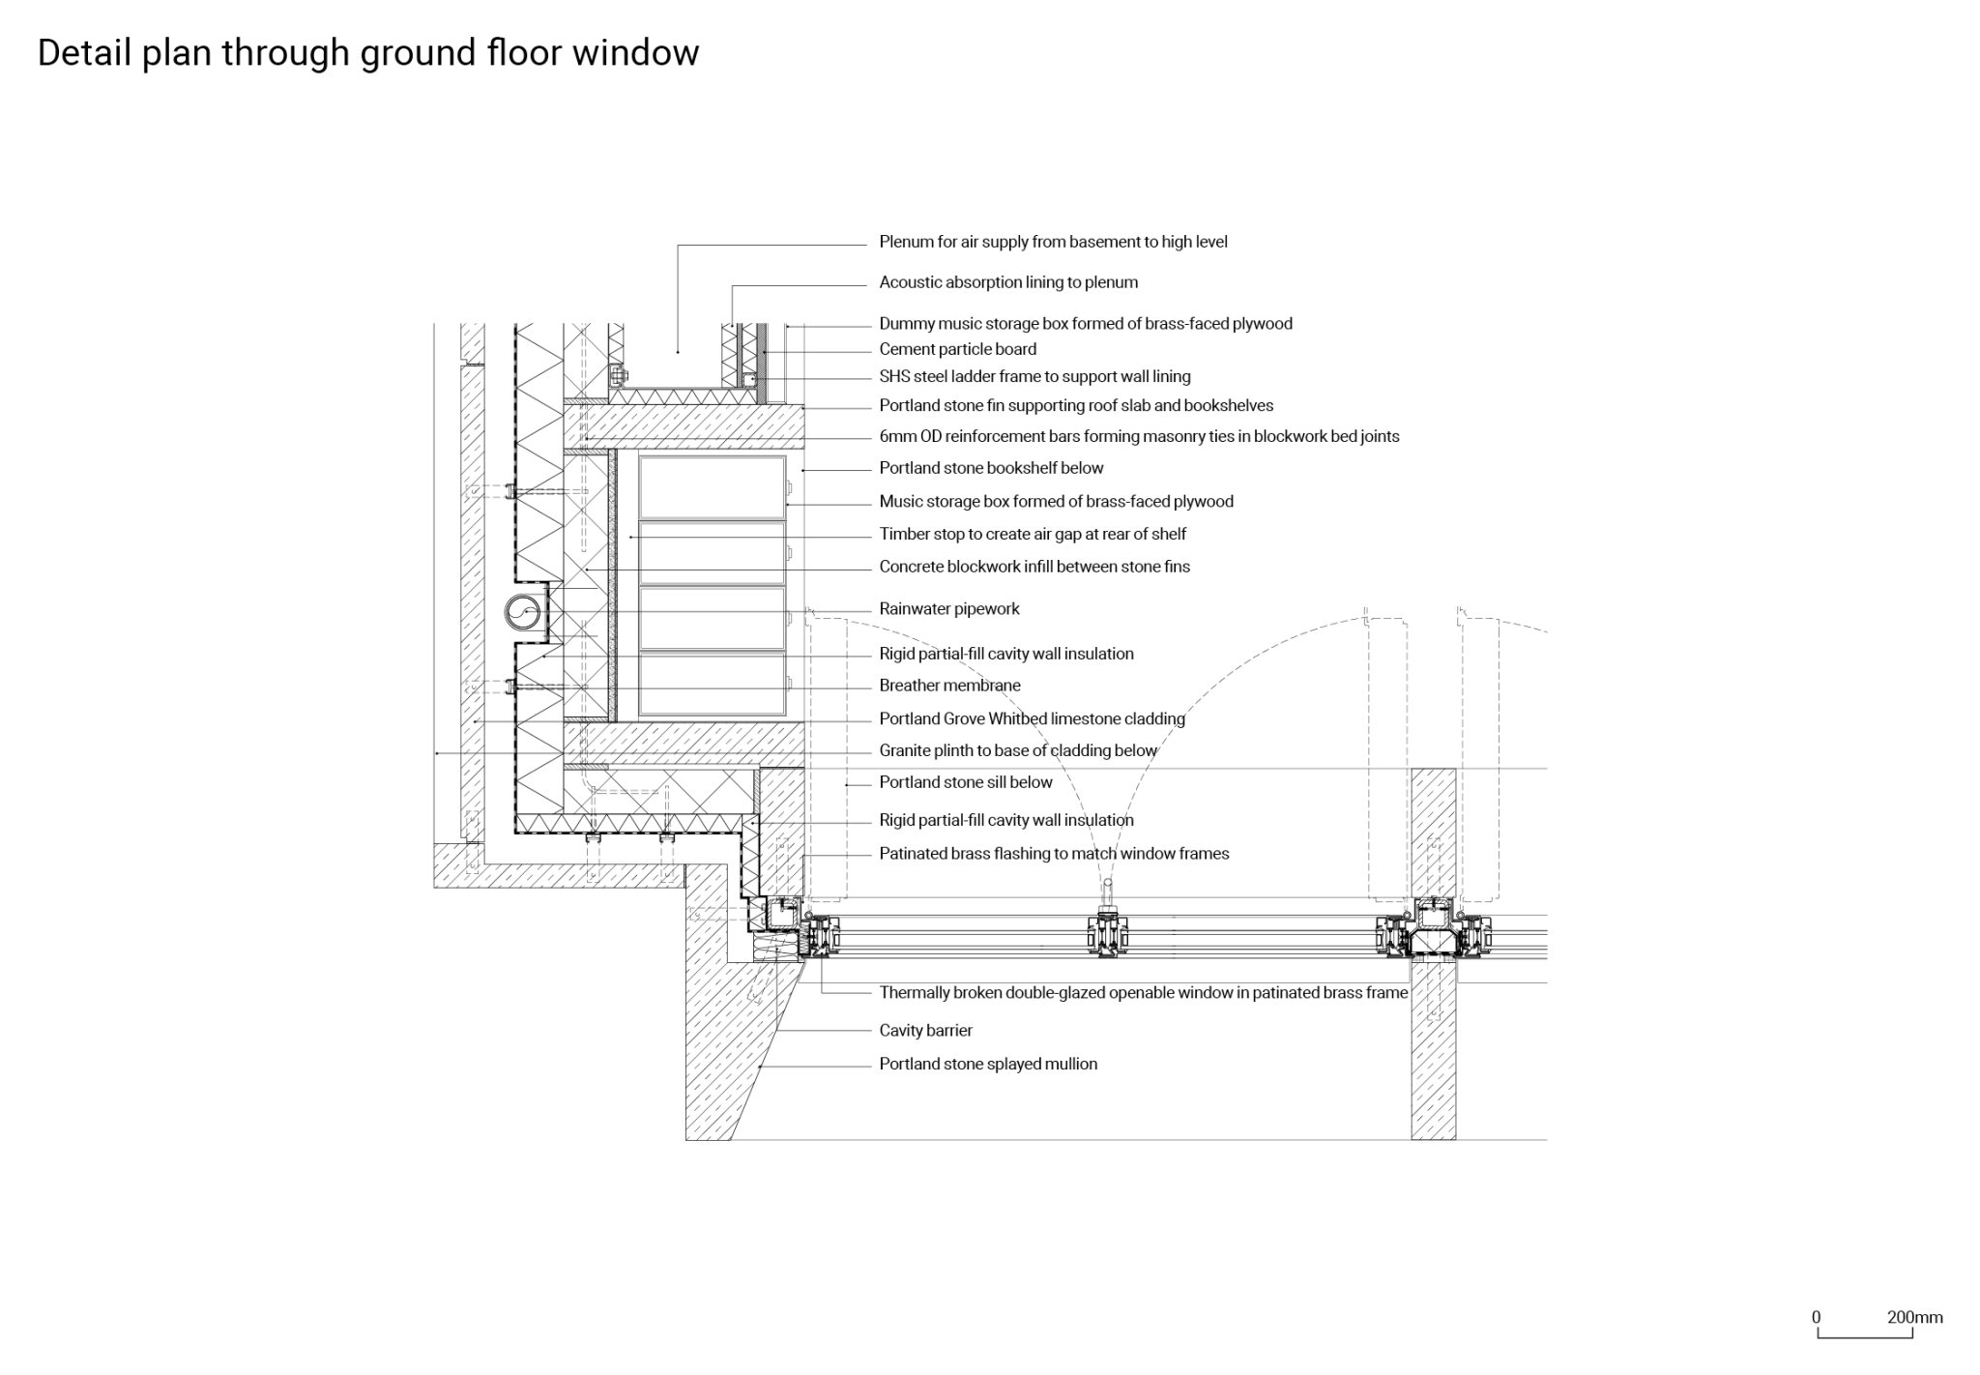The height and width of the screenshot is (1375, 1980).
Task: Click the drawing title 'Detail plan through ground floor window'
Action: point(367,53)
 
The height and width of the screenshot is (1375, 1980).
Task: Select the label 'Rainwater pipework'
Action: point(948,609)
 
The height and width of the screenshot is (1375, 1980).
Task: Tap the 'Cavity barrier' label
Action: point(925,1031)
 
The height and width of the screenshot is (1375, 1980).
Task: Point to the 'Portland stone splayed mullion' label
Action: point(987,1064)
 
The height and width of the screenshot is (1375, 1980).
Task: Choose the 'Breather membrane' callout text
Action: point(949,686)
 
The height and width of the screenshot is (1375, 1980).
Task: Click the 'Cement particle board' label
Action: point(957,349)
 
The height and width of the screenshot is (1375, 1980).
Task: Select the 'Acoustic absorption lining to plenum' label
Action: point(1007,282)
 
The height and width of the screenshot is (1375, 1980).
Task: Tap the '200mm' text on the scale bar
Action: point(1914,1317)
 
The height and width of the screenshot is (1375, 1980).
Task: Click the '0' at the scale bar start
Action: point(1816,1317)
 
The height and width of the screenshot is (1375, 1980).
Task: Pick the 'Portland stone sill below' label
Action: point(965,782)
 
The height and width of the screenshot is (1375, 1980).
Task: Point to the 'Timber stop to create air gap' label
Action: point(1032,534)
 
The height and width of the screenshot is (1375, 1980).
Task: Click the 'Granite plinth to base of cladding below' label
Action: point(1017,750)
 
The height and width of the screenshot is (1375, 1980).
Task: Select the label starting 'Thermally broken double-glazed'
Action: point(1143,992)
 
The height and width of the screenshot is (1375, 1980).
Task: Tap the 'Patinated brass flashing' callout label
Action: point(1054,854)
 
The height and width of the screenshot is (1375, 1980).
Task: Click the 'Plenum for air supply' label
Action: point(1053,242)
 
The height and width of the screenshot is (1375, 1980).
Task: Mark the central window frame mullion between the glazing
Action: point(1108,934)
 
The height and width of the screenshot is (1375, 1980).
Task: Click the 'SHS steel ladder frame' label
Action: point(1034,377)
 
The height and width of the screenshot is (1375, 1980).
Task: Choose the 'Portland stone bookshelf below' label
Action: point(991,468)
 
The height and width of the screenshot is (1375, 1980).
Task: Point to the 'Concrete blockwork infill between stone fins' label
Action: point(1034,567)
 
